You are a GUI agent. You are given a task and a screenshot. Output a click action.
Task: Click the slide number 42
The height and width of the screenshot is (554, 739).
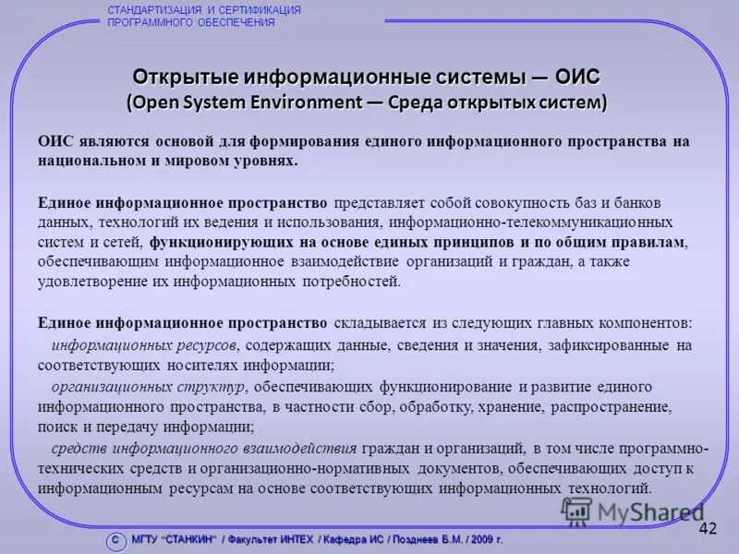708,528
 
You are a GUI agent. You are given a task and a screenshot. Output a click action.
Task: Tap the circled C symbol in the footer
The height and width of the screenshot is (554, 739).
115,540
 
